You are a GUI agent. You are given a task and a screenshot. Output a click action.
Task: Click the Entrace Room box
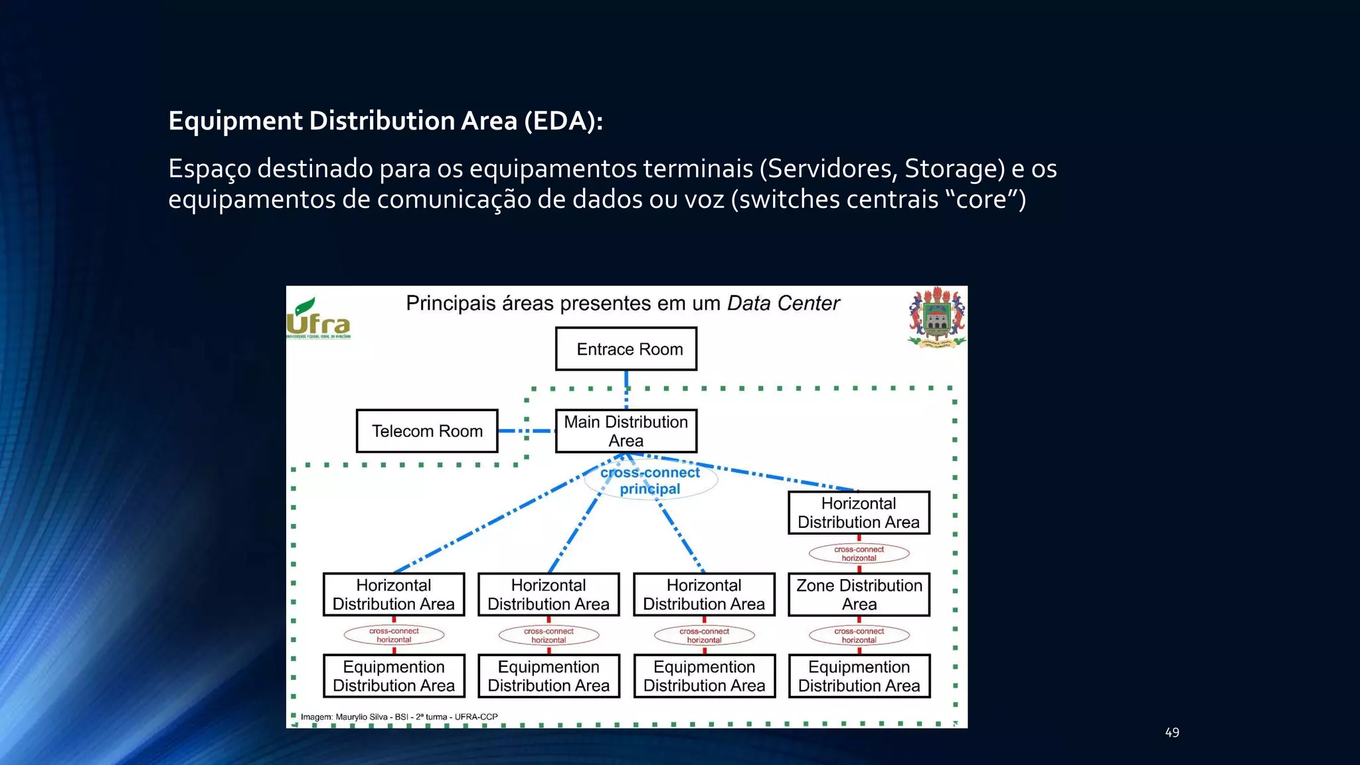pyautogui.click(x=626, y=349)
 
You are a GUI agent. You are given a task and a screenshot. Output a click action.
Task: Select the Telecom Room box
pyautogui.click(x=427, y=431)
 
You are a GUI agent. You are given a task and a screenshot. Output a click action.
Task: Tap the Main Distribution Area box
pyautogui.click(x=626, y=431)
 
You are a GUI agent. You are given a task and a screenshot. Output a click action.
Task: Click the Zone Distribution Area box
pyautogui.click(x=859, y=594)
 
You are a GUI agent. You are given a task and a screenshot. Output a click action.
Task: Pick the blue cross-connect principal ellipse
pyautogui.click(x=650, y=480)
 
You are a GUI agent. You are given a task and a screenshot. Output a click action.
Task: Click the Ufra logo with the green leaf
pyautogui.click(x=318, y=319)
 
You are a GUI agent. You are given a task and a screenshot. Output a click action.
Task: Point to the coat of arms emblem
pyautogui.click(x=937, y=317)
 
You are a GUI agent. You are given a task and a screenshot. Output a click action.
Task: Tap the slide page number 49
pyautogui.click(x=1172, y=732)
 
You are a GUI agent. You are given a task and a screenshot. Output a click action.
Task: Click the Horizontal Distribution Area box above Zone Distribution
pyautogui.click(x=859, y=513)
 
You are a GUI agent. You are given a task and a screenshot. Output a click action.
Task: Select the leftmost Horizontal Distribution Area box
pyautogui.click(x=394, y=594)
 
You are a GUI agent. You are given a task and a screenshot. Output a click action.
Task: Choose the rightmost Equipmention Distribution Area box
pyautogui.click(x=859, y=676)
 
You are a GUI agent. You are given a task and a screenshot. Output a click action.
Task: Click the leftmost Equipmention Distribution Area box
pyautogui.click(x=394, y=676)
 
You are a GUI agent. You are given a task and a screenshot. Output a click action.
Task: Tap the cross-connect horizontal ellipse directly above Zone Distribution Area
pyautogui.click(x=859, y=553)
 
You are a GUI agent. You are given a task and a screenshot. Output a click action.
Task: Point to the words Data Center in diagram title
pyautogui.click(x=783, y=303)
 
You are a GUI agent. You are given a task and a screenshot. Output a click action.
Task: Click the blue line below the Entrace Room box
pyautogui.click(x=626, y=388)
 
